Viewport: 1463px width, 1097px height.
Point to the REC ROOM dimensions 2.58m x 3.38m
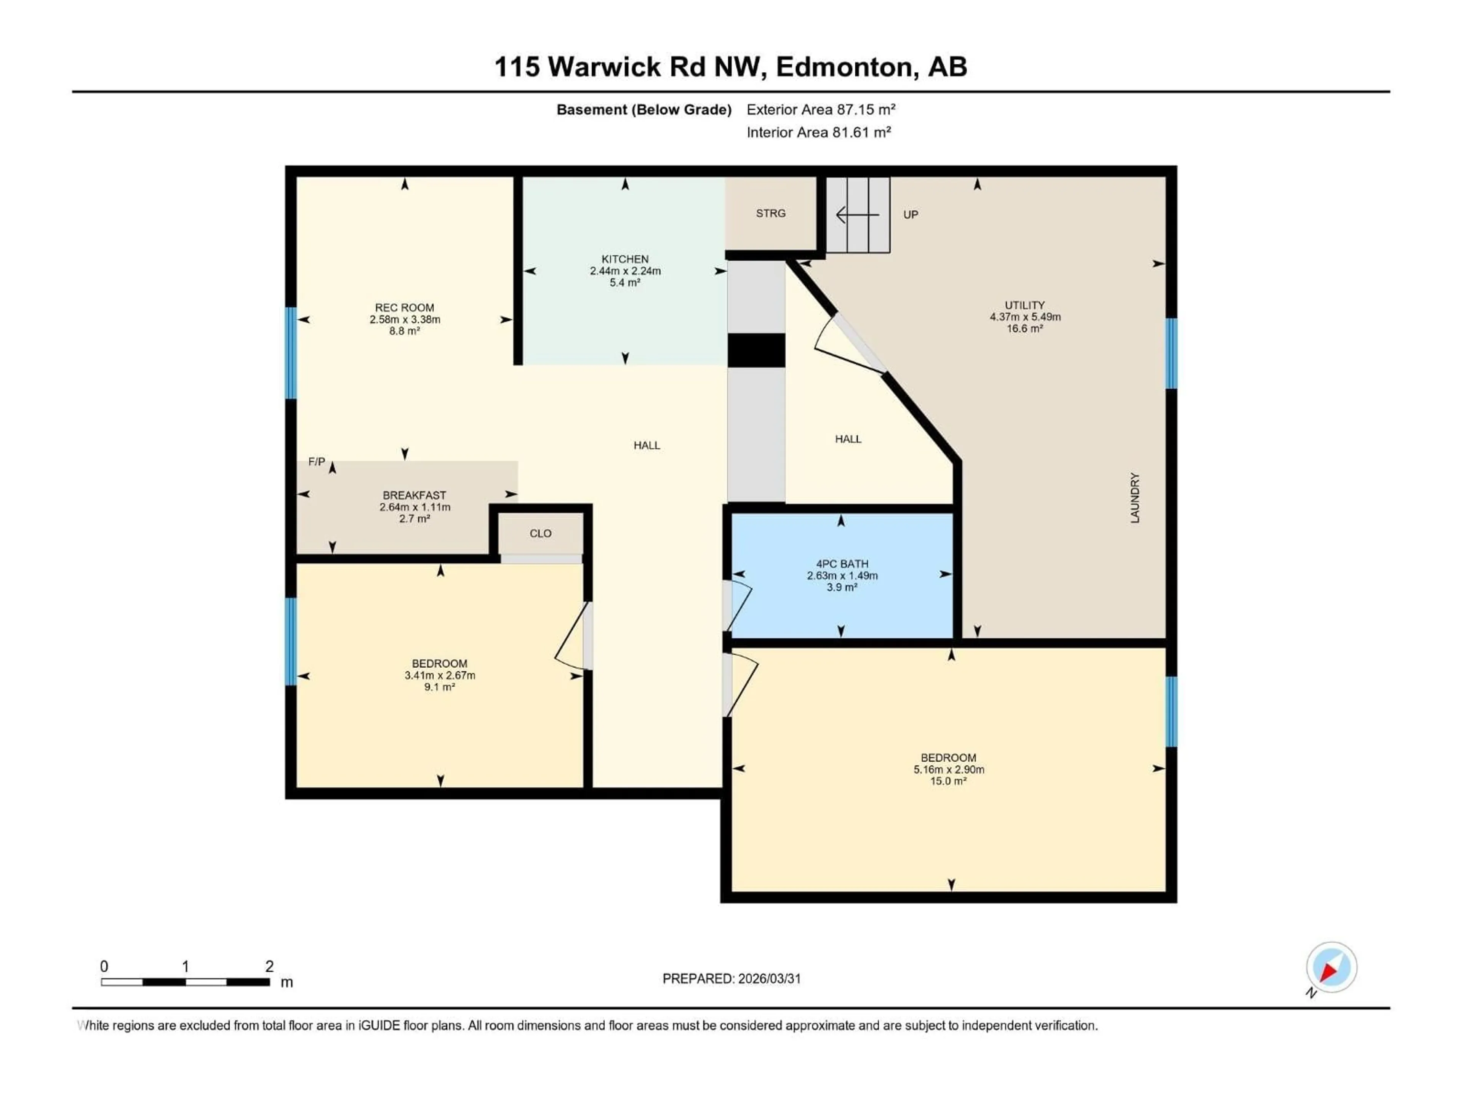[x=405, y=319]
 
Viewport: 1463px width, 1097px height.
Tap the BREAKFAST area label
[x=414, y=495]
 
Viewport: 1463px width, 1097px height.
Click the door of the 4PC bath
[x=738, y=604]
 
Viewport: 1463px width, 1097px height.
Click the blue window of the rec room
[x=290, y=353]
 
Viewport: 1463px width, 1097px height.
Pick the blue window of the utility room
[x=1171, y=353]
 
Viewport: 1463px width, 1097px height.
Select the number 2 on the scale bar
[x=269, y=966]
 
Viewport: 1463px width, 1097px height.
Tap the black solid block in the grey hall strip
[x=756, y=350]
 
